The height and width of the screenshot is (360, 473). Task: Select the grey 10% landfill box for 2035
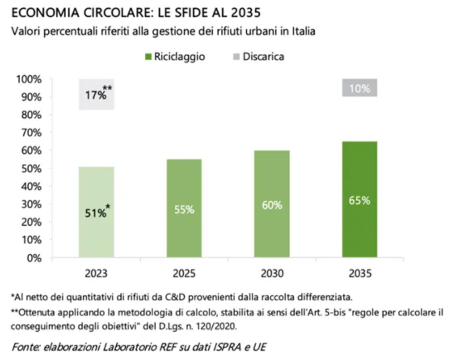pos(359,88)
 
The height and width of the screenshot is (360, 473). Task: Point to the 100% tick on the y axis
pos(29,79)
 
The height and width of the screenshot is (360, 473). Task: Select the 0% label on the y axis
pos(34,258)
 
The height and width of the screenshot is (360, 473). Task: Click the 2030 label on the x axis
pos(272,273)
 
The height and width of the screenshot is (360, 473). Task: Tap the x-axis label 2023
pos(96,273)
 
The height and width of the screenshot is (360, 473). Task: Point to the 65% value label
pos(359,201)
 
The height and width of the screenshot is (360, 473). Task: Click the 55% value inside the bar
pos(184,210)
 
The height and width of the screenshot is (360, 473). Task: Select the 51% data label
pos(96,213)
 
